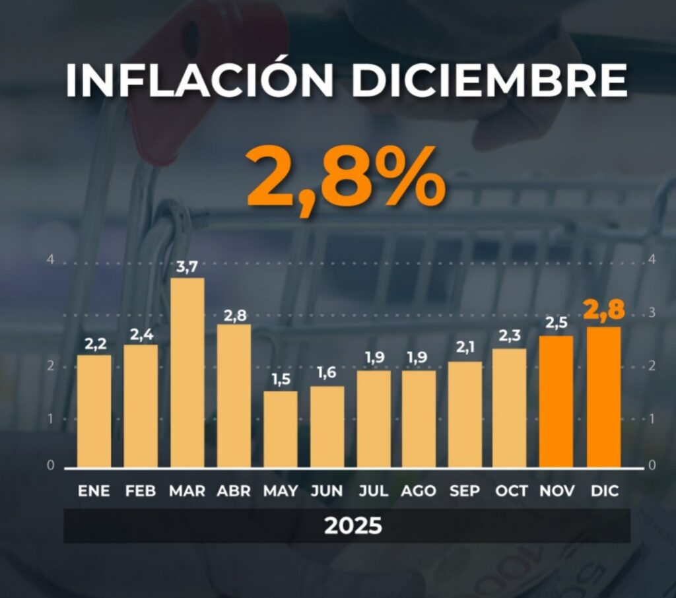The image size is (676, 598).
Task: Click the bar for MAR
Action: (187, 373)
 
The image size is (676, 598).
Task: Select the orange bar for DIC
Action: (603, 397)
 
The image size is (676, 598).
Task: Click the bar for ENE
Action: (94, 411)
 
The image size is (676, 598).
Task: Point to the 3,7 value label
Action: (187, 267)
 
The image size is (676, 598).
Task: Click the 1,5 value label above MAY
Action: (281, 380)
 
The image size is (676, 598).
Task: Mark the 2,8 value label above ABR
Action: (234, 315)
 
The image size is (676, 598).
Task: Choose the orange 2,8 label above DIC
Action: (603, 310)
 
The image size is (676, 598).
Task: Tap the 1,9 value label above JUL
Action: (374, 358)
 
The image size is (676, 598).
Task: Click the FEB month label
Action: (141, 491)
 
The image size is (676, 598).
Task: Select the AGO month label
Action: (419, 491)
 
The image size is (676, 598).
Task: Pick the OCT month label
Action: (511, 491)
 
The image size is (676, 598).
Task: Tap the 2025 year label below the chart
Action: (353, 526)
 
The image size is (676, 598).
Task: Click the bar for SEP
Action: (465, 415)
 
